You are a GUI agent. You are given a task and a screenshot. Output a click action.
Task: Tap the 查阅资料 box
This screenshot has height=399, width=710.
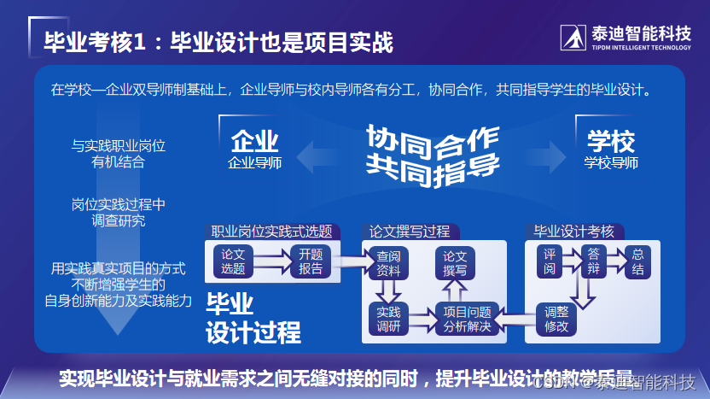tap(388, 262)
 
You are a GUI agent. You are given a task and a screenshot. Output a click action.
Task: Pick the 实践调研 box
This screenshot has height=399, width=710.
tap(388, 319)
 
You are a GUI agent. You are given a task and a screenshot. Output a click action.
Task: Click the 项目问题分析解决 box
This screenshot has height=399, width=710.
tap(467, 319)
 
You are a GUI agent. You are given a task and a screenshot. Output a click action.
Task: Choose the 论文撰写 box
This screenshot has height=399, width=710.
tap(455, 263)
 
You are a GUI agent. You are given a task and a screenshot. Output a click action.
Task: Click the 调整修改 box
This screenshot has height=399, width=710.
tap(556, 319)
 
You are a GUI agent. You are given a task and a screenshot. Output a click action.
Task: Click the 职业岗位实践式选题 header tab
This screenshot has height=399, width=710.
tap(271, 232)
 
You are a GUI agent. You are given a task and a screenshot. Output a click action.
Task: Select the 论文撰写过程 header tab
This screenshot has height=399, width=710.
tap(410, 232)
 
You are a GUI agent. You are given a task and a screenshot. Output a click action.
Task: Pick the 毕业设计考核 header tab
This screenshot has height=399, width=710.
tap(573, 232)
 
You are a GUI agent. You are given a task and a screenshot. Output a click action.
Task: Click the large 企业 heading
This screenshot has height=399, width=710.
tap(254, 142)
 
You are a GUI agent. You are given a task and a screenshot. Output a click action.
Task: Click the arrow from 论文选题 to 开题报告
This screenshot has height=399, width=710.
tap(272, 259)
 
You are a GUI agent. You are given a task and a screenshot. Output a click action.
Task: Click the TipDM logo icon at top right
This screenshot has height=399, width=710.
tap(573, 37)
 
